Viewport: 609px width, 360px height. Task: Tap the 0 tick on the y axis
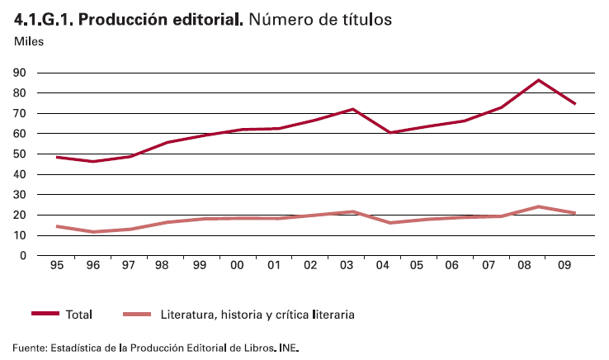coord(24,256)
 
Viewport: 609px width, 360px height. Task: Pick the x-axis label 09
coord(564,267)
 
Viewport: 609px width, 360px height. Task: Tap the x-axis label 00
coord(238,267)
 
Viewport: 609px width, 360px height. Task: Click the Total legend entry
coord(78,315)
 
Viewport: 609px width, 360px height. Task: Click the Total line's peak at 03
coord(353,109)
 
